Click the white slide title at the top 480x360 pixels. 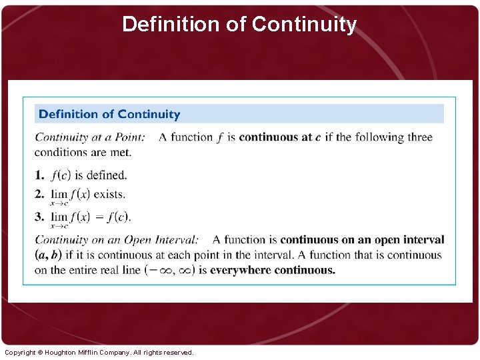pyautogui.click(x=239, y=25)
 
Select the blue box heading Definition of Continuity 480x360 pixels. pyautogui.click(x=109, y=114)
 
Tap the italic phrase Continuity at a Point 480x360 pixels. pyautogui.click(x=89, y=137)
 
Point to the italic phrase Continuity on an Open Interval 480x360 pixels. pyautogui.click(x=117, y=240)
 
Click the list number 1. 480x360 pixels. pyautogui.click(x=39, y=175)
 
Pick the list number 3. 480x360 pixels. pyautogui.click(x=39, y=216)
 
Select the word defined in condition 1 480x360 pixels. pyautogui.click(x=107, y=175)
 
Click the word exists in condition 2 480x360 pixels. pyautogui.click(x=109, y=195)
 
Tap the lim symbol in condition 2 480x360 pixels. pyautogui.click(x=59, y=195)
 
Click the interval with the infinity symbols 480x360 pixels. pyautogui.click(x=169, y=270)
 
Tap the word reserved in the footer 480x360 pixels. pyautogui.click(x=176, y=353)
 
